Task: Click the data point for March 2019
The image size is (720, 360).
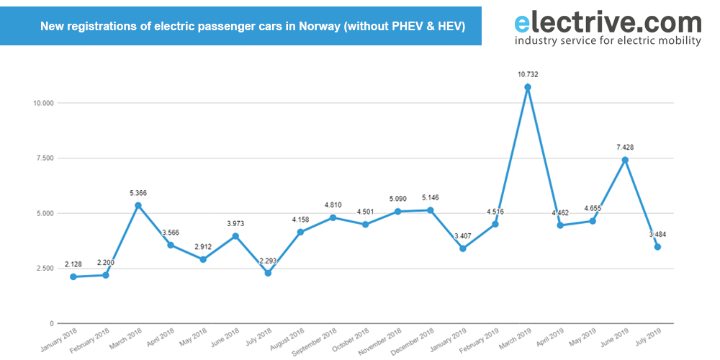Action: [528, 87]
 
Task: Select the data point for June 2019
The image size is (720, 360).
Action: [625, 160]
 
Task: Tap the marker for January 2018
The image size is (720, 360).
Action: [73, 276]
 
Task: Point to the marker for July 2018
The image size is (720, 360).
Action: [268, 273]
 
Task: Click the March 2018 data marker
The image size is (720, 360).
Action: [138, 205]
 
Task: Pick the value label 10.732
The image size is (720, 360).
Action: [528, 74]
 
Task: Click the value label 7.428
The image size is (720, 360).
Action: [624, 147]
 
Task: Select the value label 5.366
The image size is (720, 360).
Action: [138, 193]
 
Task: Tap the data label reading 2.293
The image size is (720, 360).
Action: [268, 260]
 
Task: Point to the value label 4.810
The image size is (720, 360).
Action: [333, 204]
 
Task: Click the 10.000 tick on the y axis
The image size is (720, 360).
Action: [44, 103]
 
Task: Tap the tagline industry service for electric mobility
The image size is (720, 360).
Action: [608, 41]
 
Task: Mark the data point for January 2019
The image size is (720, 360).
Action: [463, 248]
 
